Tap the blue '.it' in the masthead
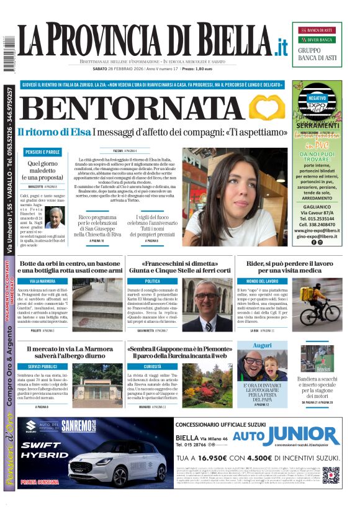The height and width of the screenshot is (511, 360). click(282, 46)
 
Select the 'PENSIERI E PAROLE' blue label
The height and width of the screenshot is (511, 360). click(43, 152)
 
